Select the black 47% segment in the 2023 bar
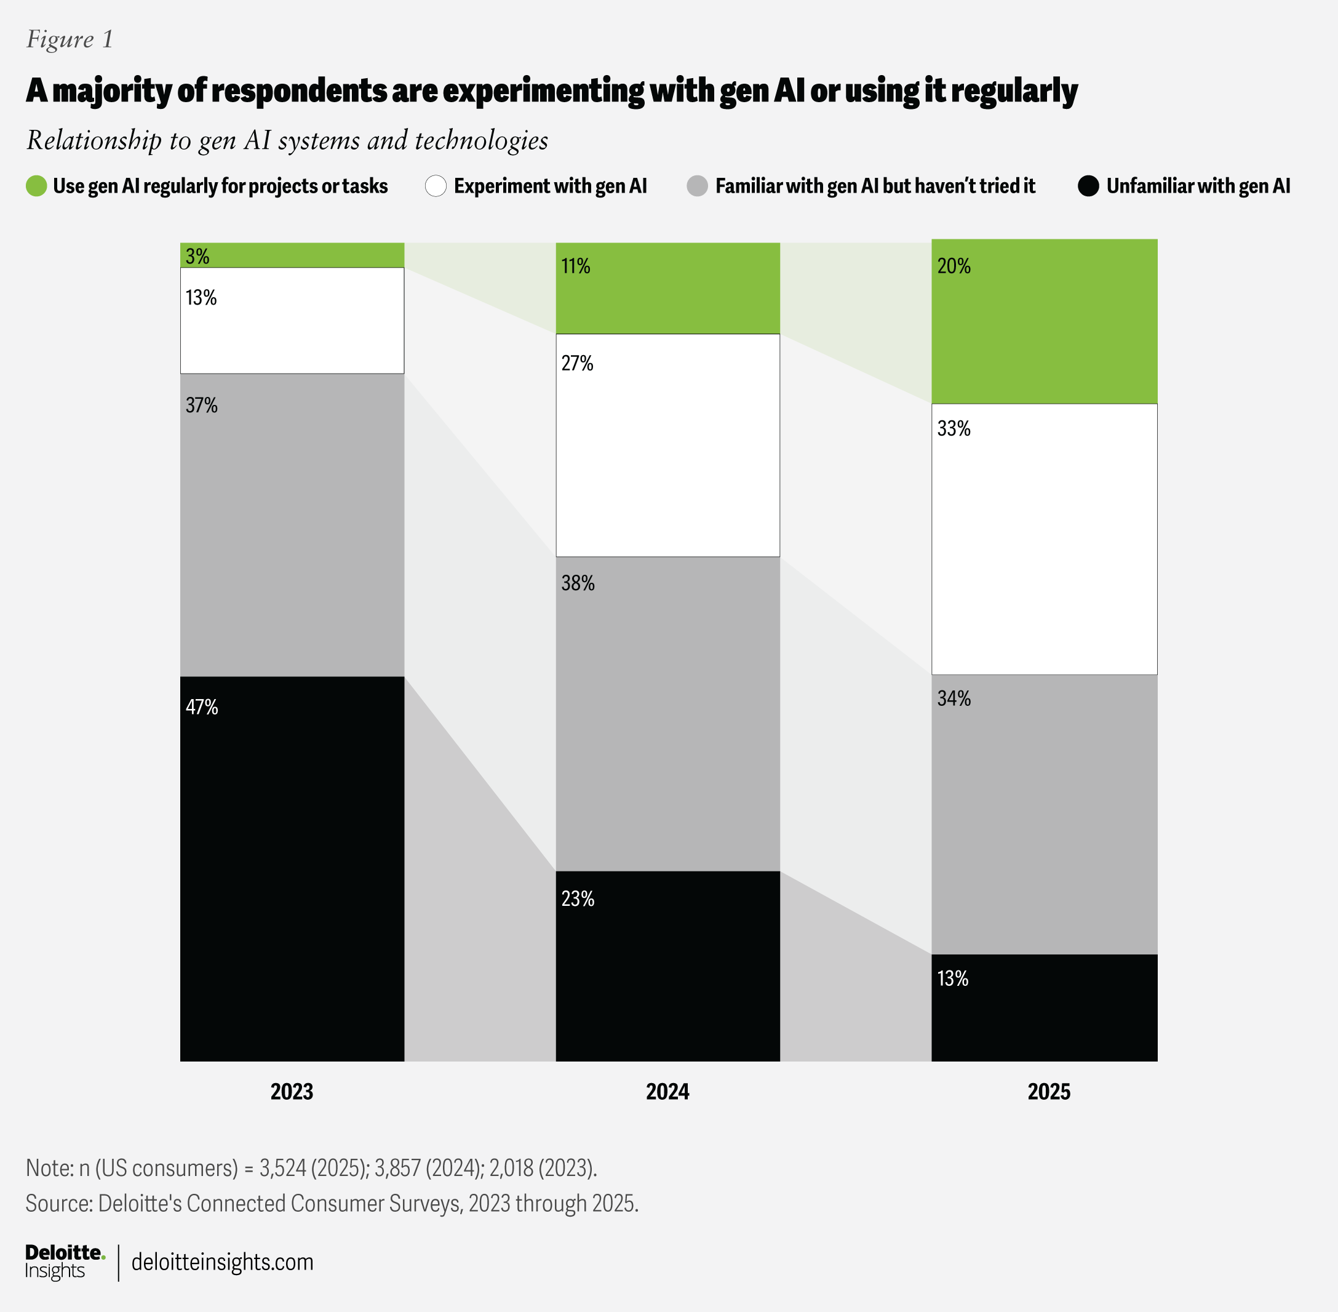point(292,868)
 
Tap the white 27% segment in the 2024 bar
point(667,445)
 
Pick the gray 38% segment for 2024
point(667,714)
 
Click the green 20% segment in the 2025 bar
point(1044,321)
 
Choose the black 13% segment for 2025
point(1044,1007)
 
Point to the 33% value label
point(954,428)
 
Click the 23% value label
point(578,898)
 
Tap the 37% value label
point(201,405)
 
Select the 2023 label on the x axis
point(292,1092)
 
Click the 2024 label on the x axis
point(667,1092)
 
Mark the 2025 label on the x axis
point(1049,1092)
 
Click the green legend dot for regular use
point(36,186)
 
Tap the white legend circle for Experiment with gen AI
point(436,186)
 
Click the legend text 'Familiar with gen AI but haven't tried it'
point(875,186)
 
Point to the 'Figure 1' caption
point(70,39)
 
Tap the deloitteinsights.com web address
point(222,1262)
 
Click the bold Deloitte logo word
point(63,1252)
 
